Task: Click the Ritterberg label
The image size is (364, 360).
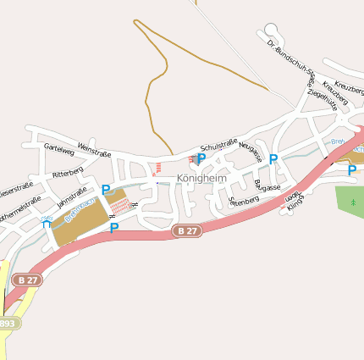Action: point(68,172)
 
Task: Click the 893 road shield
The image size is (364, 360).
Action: point(8,323)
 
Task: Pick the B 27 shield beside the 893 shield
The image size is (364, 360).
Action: point(28,280)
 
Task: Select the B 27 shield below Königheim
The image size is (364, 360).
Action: point(188,230)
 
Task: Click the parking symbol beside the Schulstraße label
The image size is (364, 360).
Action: point(201,158)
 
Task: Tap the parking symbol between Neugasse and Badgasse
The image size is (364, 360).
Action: point(273,158)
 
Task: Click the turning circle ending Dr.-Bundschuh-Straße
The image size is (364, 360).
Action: point(270,30)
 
